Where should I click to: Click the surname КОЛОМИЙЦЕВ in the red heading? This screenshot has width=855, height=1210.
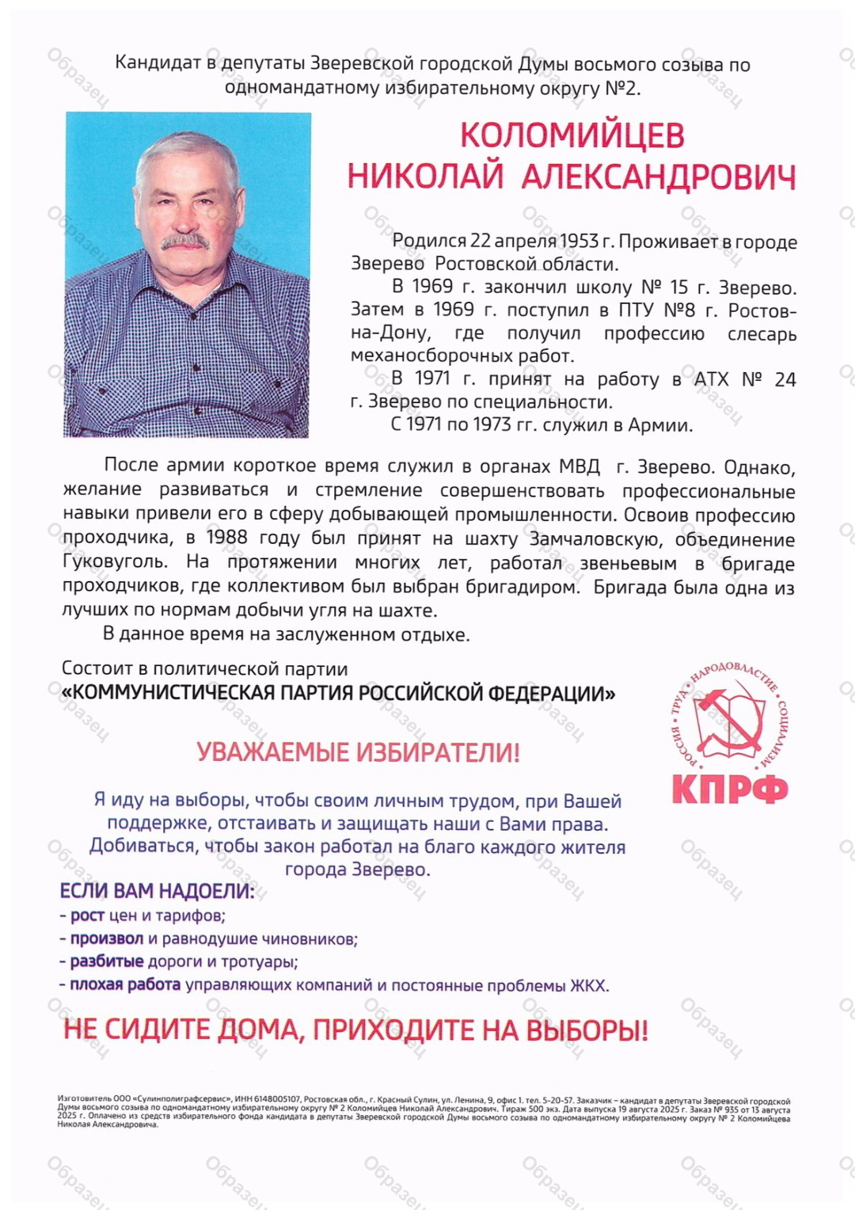tap(572, 135)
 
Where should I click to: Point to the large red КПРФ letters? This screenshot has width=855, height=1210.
tap(730, 789)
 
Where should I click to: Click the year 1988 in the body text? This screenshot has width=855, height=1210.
tap(226, 538)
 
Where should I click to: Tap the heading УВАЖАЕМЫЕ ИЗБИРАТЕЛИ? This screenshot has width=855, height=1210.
tap(358, 751)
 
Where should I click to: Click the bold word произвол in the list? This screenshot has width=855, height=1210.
tap(107, 939)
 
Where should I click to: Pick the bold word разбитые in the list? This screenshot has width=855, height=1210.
tap(107, 962)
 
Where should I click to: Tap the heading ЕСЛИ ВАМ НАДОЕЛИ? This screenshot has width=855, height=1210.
tap(157, 892)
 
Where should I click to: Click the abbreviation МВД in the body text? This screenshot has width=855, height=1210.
tap(579, 466)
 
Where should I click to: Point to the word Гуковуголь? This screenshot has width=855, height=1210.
tap(115, 562)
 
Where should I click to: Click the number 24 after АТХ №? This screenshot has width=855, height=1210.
tap(785, 380)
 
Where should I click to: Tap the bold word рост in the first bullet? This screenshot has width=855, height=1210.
tap(87, 916)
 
